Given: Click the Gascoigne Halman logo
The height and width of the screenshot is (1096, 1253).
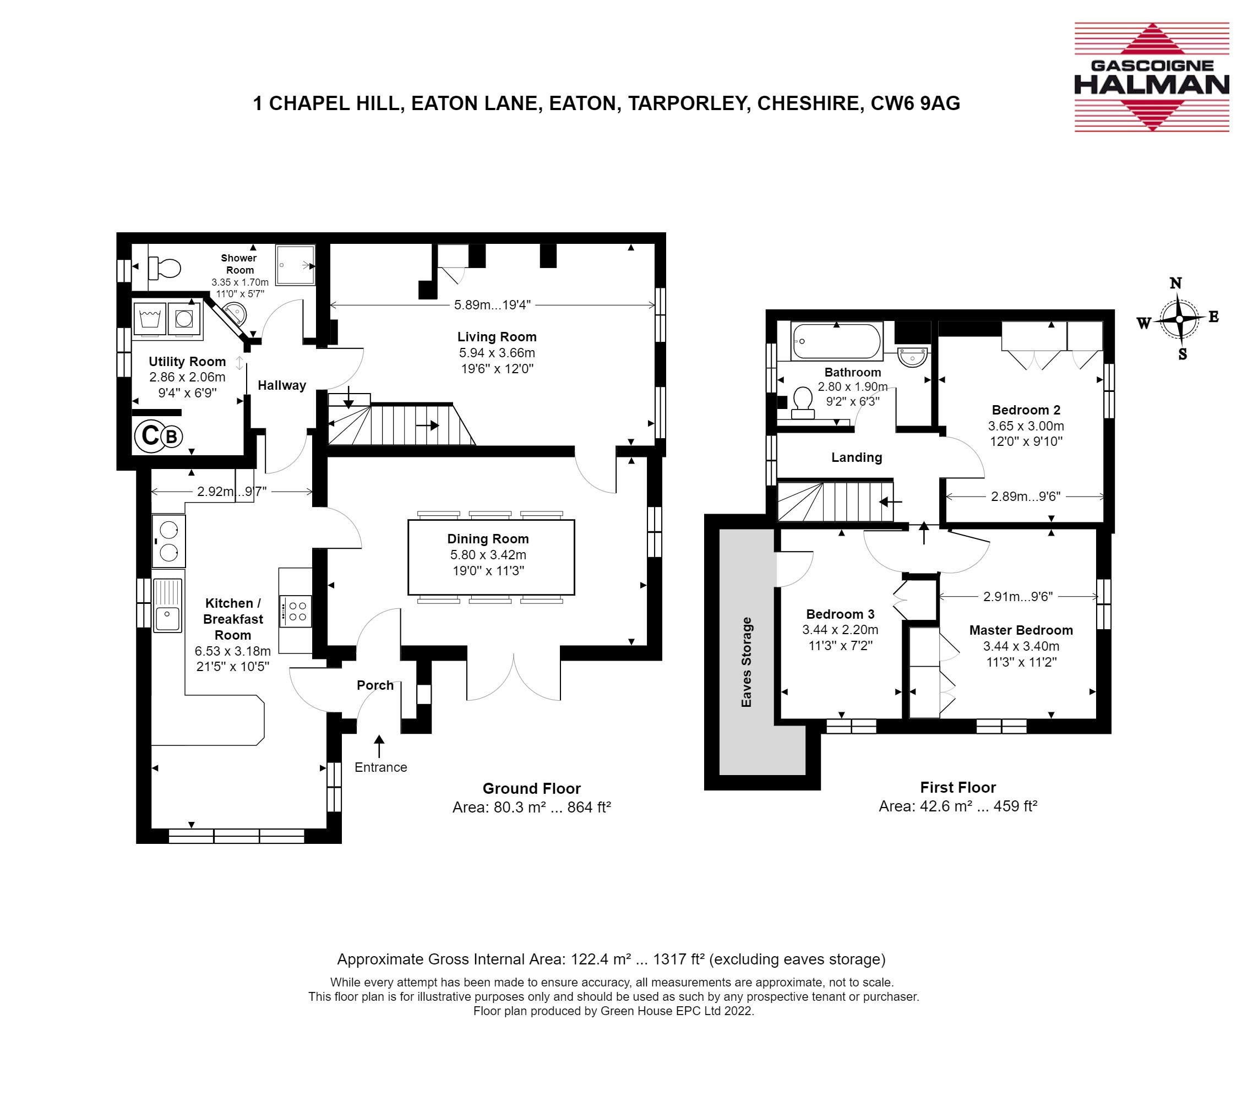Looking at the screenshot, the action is tap(1152, 77).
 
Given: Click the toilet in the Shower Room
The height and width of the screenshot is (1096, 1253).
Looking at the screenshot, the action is tap(165, 268).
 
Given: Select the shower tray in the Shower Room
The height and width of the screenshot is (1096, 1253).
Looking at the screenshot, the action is tap(296, 265).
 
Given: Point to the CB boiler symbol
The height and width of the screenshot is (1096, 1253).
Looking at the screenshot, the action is tap(159, 436).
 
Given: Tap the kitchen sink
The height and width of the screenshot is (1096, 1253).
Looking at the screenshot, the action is tap(167, 605).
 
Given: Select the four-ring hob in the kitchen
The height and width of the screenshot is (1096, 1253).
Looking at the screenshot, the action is tap(296, 611).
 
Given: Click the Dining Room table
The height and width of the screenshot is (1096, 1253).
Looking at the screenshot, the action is tap(491, 557).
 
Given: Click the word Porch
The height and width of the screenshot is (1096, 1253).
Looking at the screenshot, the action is tap(375, 685).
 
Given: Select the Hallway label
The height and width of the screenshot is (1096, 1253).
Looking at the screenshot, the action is tap(282, 385).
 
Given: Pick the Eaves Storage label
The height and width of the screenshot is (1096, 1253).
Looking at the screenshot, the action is tap(746, 662).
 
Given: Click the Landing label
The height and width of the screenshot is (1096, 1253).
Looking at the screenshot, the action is tap(857, 457).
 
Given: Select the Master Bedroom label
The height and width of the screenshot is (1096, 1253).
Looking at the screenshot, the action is tap(1021, 630).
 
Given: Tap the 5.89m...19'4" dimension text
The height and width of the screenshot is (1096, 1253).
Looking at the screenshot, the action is tap(492, 304).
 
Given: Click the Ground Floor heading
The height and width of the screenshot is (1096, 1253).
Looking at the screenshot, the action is tap(532, 788).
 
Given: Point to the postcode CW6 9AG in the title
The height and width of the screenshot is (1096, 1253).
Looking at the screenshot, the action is tap(916, 103).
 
